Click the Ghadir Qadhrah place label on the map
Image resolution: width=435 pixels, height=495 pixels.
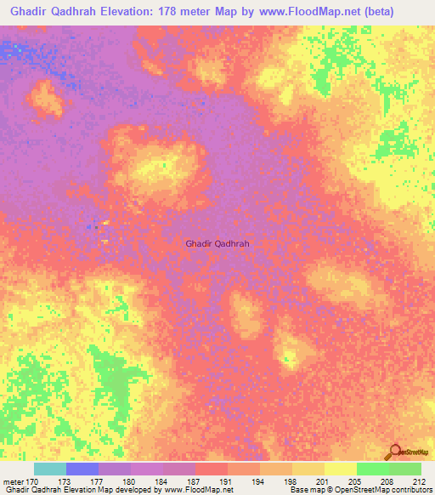pos(217,242)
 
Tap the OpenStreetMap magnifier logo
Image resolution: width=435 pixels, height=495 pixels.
pos(395,451)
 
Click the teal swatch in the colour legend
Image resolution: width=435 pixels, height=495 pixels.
pos(50,469)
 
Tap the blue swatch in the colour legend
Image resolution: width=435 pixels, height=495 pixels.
pos(82,469)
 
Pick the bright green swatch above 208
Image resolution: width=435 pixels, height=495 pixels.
pos(372,469)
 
